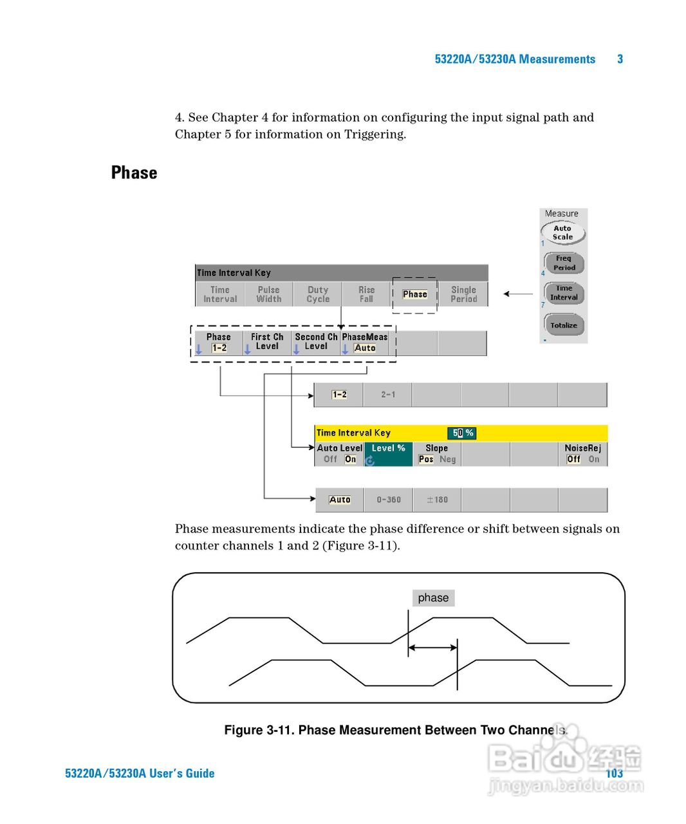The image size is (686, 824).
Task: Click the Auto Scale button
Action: pos(562,232)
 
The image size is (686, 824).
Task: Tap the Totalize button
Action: pos(564,325)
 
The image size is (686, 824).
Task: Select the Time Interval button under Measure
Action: pos(564,293)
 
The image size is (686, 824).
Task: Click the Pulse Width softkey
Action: pos(269,294)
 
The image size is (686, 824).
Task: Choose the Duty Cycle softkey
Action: pos(318,294)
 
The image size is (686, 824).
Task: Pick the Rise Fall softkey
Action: pos(366,294)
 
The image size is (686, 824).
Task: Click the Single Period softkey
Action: pos(463,294)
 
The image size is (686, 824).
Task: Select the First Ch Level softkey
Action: pos(267,342)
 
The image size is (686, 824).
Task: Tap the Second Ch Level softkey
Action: pos(316,342)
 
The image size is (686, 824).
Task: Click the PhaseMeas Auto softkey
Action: pos(365,342)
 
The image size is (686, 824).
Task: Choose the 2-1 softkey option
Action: pos(388,395)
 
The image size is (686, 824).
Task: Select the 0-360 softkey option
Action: pos(389,500)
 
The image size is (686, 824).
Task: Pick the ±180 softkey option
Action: pos(437,500)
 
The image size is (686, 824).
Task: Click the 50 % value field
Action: pos(462,433)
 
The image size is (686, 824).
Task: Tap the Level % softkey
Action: pos(388,453)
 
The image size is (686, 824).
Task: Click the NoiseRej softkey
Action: pos(583,453)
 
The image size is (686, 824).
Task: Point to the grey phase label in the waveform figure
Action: pos(433,598)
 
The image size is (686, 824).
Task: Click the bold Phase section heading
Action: pos(134,173)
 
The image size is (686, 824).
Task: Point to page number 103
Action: pos(615,773)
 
